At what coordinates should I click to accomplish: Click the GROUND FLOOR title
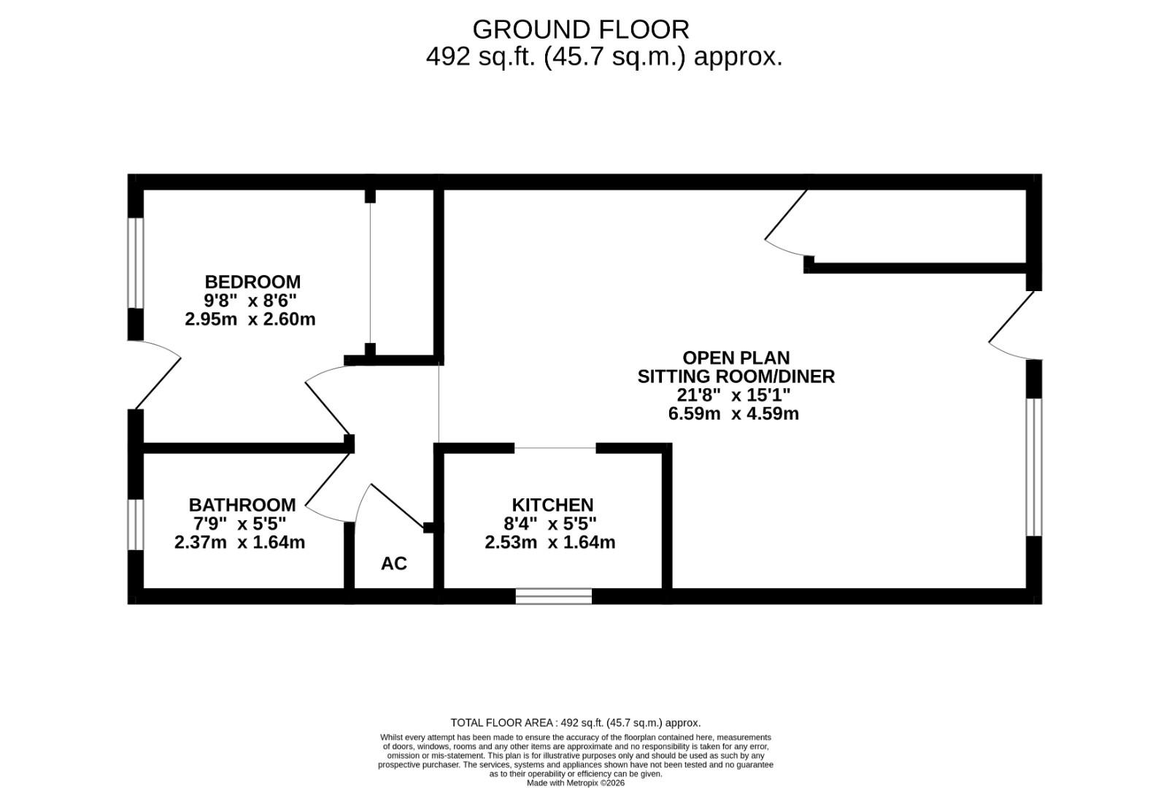581,30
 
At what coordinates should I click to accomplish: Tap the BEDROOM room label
252,282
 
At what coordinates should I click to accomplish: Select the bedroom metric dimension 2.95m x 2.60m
250,319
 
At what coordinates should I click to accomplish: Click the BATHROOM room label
242,505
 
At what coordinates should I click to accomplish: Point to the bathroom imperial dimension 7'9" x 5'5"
239,524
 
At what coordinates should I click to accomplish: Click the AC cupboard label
394,563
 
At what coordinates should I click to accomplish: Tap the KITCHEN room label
552,505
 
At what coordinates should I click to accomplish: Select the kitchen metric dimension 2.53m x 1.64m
550,542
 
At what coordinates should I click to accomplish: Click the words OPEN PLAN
736,358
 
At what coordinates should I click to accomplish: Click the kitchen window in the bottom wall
554,596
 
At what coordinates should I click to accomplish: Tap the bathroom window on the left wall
136,524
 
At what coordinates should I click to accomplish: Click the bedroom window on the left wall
136,263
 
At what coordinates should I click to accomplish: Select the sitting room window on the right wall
1034,467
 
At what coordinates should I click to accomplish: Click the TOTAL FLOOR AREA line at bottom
575,723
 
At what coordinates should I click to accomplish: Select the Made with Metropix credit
576,783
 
